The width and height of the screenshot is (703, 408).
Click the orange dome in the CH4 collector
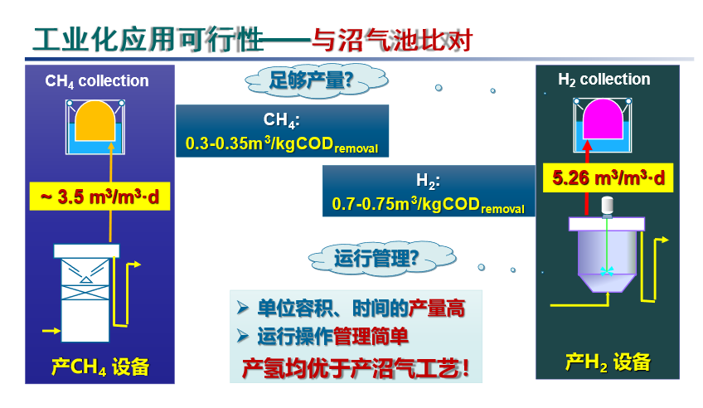coord(95,121)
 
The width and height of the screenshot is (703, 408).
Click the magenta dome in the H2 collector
coord(603,119)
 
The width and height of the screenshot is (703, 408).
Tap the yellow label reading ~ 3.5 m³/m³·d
coord(100,197)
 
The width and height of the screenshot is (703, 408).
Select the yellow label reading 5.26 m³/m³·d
coord(608,178)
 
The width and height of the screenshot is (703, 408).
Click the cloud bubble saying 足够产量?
coord(316,80)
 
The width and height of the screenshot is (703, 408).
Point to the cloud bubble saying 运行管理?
coord(382,258)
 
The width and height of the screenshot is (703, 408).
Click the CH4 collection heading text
coord(97,81)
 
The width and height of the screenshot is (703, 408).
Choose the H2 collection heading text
coord(604,80)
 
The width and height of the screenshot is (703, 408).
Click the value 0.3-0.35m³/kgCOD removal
coord(282,144)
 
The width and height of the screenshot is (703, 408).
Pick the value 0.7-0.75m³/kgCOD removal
coord(428,205)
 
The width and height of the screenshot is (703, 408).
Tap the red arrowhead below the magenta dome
coord(587,145)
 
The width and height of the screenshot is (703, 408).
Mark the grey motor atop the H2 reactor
coord(607,206)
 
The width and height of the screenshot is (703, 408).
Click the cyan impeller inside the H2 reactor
coord(607,271)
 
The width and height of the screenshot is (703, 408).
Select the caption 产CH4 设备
coord(100,367)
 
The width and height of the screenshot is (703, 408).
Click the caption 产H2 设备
coord(608,362)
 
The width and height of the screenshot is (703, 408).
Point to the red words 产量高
coord(437,308)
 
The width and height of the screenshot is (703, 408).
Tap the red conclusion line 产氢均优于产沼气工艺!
coord(356,368)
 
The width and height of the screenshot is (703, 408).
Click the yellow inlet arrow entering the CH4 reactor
coord(51,331)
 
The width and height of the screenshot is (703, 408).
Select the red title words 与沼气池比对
coord(392,41)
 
